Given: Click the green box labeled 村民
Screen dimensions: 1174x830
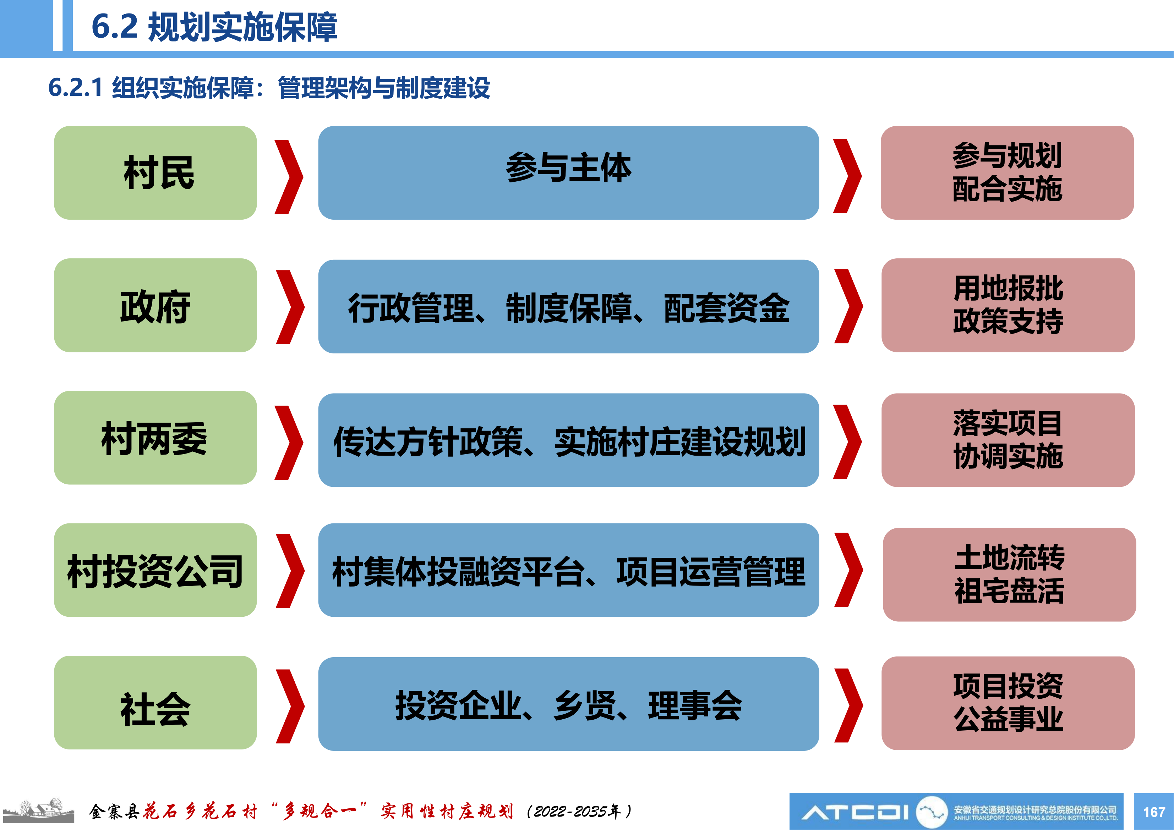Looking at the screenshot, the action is point(155,173).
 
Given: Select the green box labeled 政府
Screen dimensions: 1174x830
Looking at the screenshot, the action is point(155,305).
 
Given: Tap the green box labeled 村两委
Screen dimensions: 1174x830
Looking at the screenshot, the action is point(155,438).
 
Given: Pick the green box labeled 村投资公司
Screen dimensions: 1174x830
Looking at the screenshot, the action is point(155,570).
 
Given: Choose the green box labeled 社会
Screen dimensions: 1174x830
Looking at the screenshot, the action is point(155,703).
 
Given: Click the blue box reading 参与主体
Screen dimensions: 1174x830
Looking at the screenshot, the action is point(569,173).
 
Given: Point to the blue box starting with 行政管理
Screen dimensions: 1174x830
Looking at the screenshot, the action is point(569,307).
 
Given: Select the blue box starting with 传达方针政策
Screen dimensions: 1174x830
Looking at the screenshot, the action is point(569,440).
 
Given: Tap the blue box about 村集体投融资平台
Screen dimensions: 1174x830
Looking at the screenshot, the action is point(569,570).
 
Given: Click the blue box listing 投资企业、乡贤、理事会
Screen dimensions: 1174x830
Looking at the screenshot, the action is point(569,704).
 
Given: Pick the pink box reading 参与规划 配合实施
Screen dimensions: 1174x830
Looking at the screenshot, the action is point(1007,173).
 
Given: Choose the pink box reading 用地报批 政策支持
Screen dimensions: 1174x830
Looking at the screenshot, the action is point(1008,305).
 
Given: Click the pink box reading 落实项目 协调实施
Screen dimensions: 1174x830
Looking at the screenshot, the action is point(1008,440).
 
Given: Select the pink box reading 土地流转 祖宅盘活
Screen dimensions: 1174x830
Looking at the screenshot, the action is point(1009,575).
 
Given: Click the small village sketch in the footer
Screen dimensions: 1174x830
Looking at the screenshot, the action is point(38,810).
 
